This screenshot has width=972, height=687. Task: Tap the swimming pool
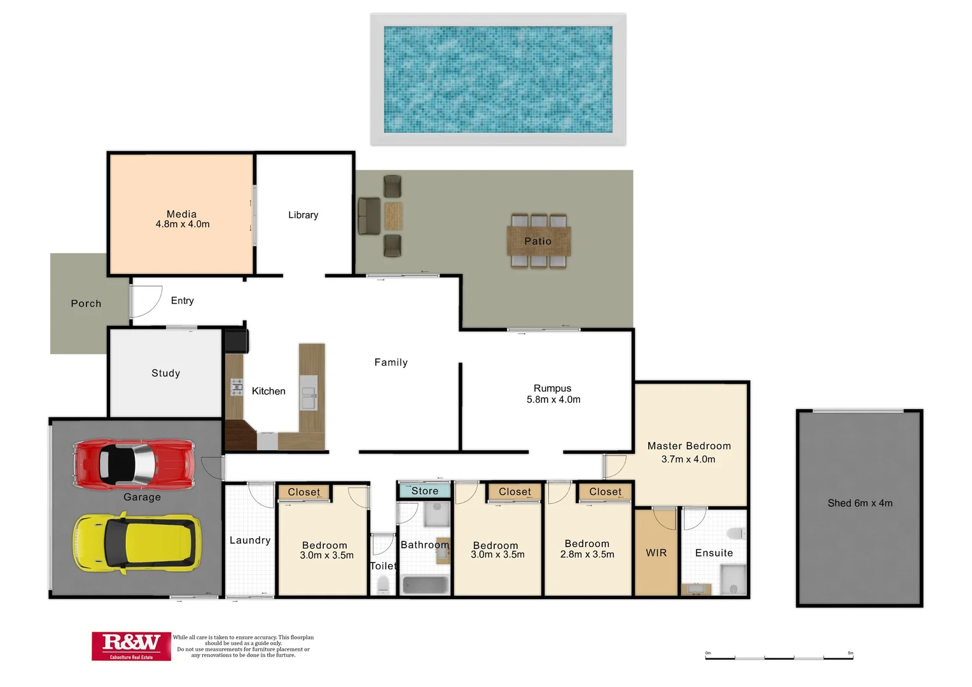pos(498,80)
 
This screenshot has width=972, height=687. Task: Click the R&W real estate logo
pos(131,646)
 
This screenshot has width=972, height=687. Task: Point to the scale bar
pos(779,657)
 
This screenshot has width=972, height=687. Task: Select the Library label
pos(303,215)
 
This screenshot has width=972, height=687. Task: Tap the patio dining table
pos(539,241)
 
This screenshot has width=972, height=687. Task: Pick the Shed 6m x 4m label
pos(859,503)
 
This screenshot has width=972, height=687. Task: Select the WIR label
pos(656,553)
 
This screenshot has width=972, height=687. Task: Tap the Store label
pos(424,491)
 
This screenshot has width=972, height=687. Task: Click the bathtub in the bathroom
pos(425,585)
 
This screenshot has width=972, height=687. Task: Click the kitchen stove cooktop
pos(237,387)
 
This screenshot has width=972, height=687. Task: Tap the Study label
pos(165,373)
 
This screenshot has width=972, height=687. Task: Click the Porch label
pos(86,303)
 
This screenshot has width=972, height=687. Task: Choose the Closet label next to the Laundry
pos(303,492)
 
